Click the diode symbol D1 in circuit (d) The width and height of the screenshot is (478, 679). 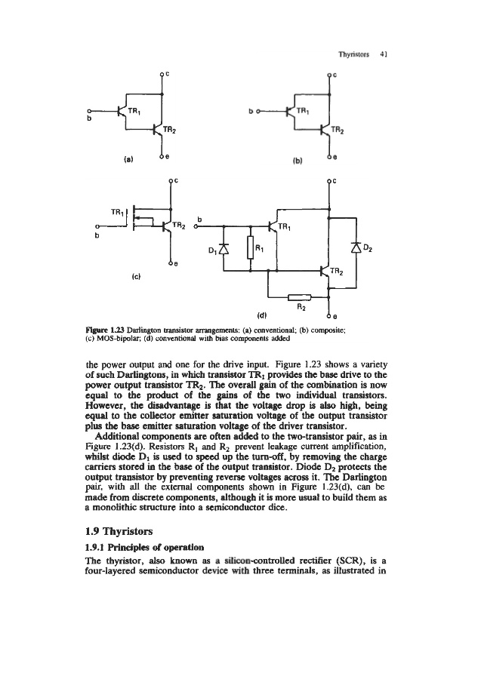pyautogui.click(x=221, y=249)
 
